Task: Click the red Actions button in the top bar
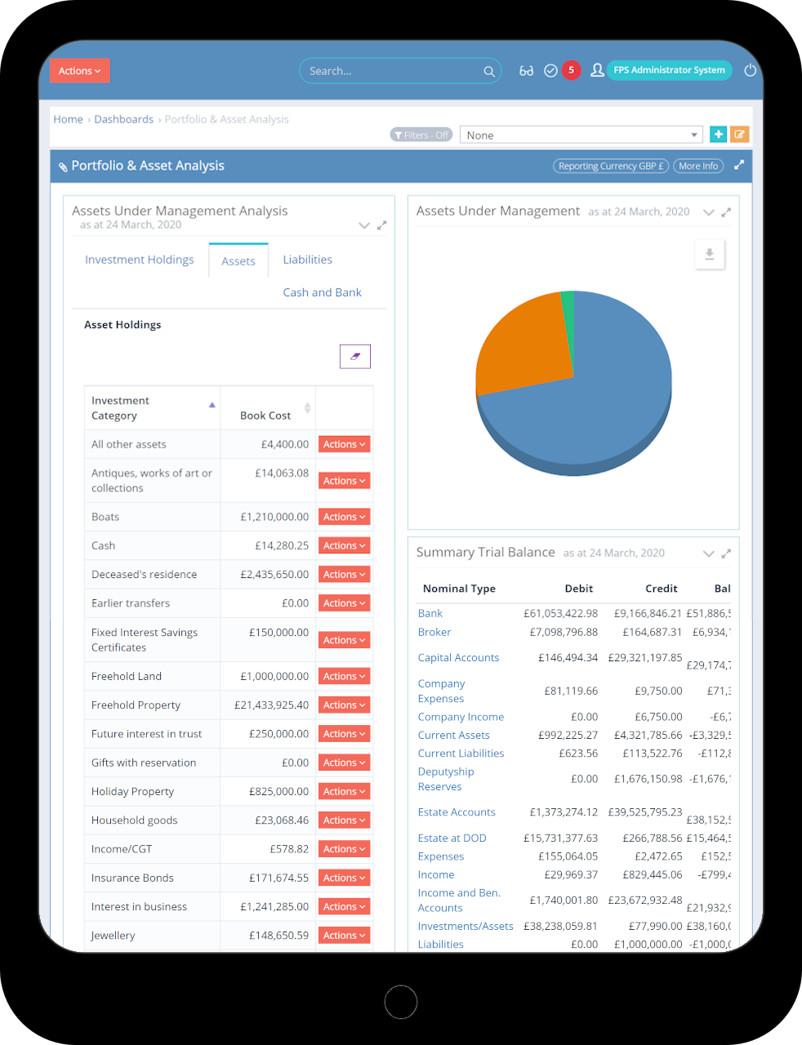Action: [79, 71]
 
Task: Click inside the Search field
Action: [392, 71]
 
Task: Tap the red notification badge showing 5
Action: [571, 70]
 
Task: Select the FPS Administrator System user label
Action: [668, 70]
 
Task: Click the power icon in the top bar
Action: [750, 70]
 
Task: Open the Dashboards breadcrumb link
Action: [123, 119]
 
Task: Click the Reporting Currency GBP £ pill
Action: [610, 166]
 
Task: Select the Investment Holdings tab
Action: [140, 260]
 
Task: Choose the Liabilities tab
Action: [307, 260]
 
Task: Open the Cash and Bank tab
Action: [322, 292]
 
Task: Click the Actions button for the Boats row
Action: [344, 517]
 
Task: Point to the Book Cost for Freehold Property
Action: [271, 705]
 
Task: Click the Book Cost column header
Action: [265, 416]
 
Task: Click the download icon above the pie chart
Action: [709, 254]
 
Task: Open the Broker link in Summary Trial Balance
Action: [434, 632]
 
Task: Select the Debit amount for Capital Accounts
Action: [568, 657]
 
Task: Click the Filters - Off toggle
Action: [421, 136]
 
